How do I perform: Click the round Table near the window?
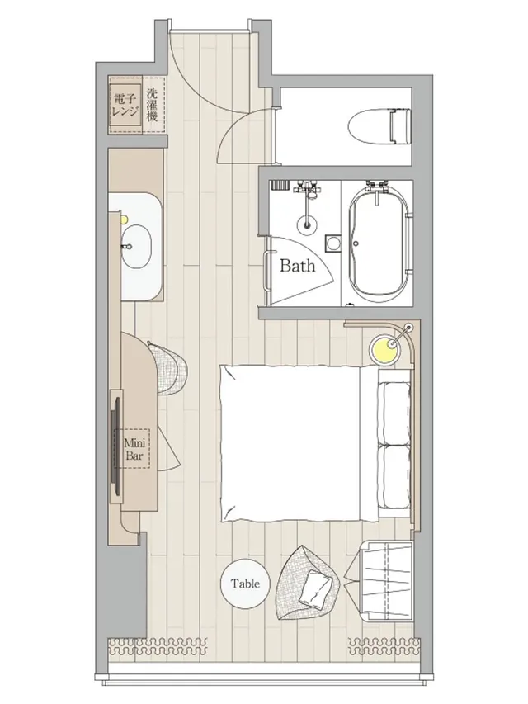point(246,584)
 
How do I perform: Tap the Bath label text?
point(297,266)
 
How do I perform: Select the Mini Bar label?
point(134,450)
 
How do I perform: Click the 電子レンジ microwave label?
point(125,105)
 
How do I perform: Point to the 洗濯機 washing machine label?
point(153,105)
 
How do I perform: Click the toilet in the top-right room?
point(379,125)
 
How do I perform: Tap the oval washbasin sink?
point(134,246)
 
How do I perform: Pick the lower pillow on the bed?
point(394,476)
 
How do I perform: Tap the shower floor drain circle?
point(307,223)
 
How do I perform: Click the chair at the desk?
point(170,368)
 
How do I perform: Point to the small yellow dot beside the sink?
point(124,220)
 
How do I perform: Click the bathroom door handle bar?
point(268,272)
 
